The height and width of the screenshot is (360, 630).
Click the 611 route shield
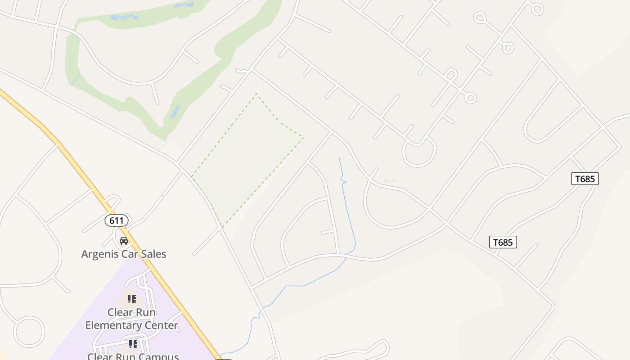[x=117, y=220]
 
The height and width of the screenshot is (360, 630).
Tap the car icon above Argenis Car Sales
[x=124, y=241]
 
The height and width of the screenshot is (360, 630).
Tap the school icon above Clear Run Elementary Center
[x=131, y=299]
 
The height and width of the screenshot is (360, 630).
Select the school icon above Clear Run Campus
[x=133, y=344]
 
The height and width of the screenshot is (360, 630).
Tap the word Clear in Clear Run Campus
[x=99, y=356]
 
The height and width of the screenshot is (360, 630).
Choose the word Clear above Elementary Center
[x=119, y=312]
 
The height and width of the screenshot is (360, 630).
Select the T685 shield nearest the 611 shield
[x=503, y=242]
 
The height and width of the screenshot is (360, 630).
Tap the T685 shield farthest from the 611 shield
[x=585, y=179]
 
